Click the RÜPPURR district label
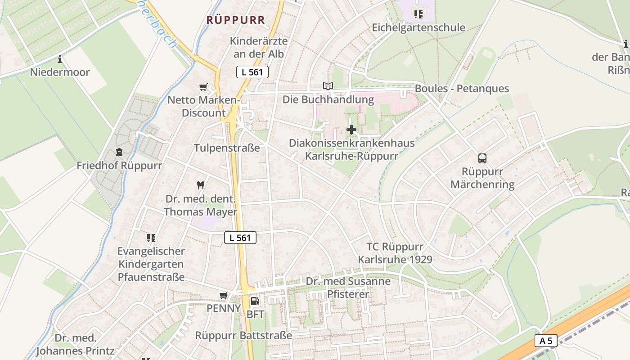[x=236, y=20]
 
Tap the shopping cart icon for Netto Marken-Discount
[x=203, y=87]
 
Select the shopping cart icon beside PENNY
[x=223, y=295]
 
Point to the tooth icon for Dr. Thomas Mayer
[x=201, y=184]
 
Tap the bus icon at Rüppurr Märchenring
[x=482, y=158]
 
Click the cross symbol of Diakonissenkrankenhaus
[x=351, y=130]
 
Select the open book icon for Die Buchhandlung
[x=328, y=86]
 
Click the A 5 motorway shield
[x=546, y=341]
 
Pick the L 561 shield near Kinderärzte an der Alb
[x=252, y=72]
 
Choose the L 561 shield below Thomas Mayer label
[x=240, y=238]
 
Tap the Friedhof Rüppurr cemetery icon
[x=119, y=153]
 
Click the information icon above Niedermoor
[x=60, y=59]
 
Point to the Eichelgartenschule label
[x=418, y=27]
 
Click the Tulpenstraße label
[x=227, y=148]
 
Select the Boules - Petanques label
[x=462, y=88]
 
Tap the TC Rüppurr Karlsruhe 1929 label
[x=395, y=253]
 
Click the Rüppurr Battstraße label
[x=243, y=335]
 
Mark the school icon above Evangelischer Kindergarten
[x=151, y=237]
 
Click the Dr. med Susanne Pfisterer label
[x=348, y=288]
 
